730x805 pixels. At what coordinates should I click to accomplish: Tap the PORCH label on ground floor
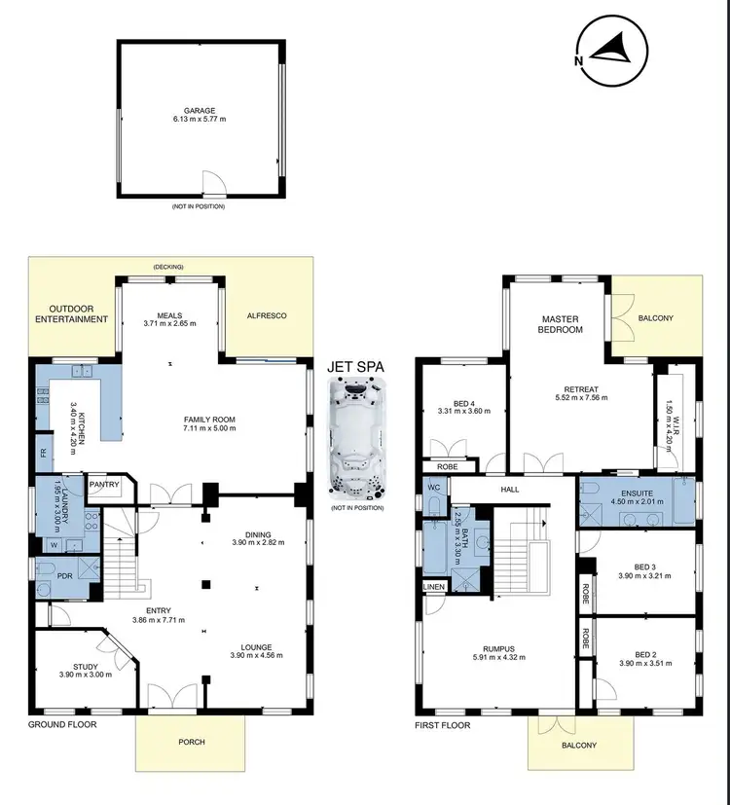pos(192,742)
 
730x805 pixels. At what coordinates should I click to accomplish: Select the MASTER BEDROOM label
pos(562,323)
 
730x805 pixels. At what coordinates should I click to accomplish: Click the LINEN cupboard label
pos(433,587)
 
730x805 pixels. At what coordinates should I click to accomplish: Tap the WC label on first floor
pos(432,487)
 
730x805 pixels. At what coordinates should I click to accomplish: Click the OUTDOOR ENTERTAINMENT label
pos(74,313)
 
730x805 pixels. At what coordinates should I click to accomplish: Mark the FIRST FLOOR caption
pos(443,725)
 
